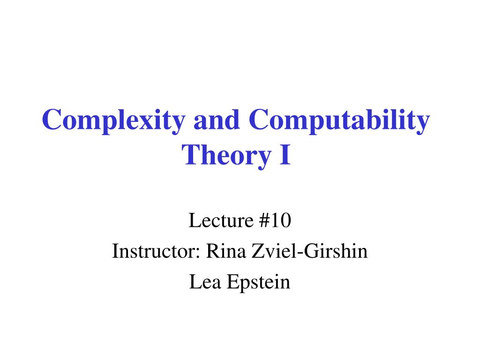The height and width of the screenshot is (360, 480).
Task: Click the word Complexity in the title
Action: [113, 120]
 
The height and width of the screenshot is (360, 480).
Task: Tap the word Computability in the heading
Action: [339, 120]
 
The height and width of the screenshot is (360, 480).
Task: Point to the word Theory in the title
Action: [226, 156]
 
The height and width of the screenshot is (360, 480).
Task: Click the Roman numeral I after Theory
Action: [285, 155]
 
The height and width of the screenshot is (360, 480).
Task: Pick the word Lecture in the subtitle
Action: [221, 220]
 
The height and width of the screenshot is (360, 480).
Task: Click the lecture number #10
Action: [275, 220]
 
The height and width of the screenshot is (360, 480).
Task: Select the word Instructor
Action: [156, 251]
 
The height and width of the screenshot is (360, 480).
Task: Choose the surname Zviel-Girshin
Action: [309, 251]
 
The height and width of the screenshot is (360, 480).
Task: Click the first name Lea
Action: [205, 282]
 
